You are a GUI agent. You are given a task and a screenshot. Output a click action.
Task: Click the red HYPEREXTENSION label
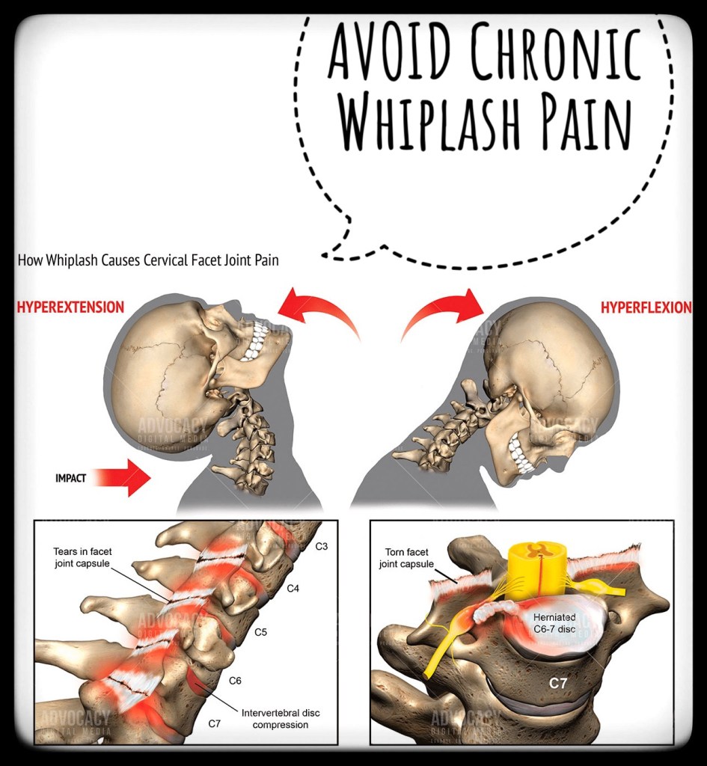click(x=70, y=307)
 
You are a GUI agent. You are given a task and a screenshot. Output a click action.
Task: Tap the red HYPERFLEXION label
click(x=646, y=307)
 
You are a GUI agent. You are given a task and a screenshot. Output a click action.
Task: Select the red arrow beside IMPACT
click(x=123, y=477)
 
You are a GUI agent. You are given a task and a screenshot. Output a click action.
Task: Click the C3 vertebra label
click(x=321, y=546)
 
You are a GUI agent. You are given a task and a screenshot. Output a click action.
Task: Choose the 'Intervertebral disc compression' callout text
click(x=280, y=718)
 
